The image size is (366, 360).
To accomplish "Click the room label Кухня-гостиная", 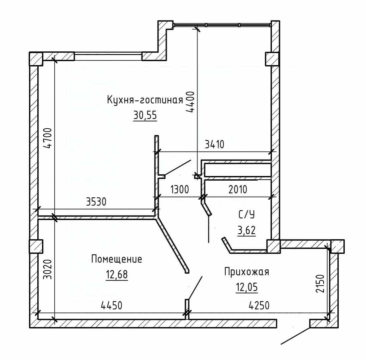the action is [x=145, y=100].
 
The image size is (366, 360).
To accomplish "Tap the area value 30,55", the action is [x=145, y=115].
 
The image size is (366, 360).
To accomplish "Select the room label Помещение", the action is [x=117, y=259].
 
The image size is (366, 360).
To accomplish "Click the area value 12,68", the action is [x=117, y=274].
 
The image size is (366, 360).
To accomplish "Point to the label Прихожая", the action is [x=247, y=272].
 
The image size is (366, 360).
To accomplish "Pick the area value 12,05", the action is [x=247, y=287].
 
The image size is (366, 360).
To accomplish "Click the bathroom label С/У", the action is [x=247, y=215].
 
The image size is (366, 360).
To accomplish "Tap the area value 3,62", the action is [x=247, y=230].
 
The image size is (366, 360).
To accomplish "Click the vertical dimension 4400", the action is [x=190, y=102].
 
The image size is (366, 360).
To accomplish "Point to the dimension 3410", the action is [x=215, y=145].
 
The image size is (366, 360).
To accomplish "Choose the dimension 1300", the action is [x=179, y=189].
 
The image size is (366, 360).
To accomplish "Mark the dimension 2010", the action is [x=238, y=189].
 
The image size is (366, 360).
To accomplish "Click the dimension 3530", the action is [x=96, y=202].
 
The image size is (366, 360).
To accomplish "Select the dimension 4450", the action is [x=111, y=305].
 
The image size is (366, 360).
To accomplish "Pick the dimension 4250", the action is [x=259, y=305].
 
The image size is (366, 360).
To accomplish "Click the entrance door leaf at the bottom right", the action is [x=295, y=336].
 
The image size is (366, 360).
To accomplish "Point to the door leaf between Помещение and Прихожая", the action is [x=196, y=288].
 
